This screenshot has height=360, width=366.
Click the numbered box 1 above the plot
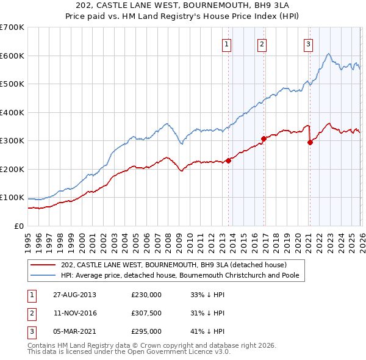226,43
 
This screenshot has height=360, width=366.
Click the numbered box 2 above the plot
262,43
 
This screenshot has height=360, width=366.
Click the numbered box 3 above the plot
308,43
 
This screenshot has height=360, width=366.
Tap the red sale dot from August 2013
229,160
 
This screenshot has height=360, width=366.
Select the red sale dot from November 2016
264,139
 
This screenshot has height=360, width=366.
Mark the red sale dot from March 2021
310,142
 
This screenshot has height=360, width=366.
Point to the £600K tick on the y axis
12,56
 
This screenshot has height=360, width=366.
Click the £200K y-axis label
12,169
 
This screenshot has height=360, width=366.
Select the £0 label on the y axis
18,226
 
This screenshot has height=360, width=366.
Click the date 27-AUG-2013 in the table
74,295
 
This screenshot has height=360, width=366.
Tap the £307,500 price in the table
146,313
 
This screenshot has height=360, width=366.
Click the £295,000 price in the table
146,331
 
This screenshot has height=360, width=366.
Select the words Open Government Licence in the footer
180,352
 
